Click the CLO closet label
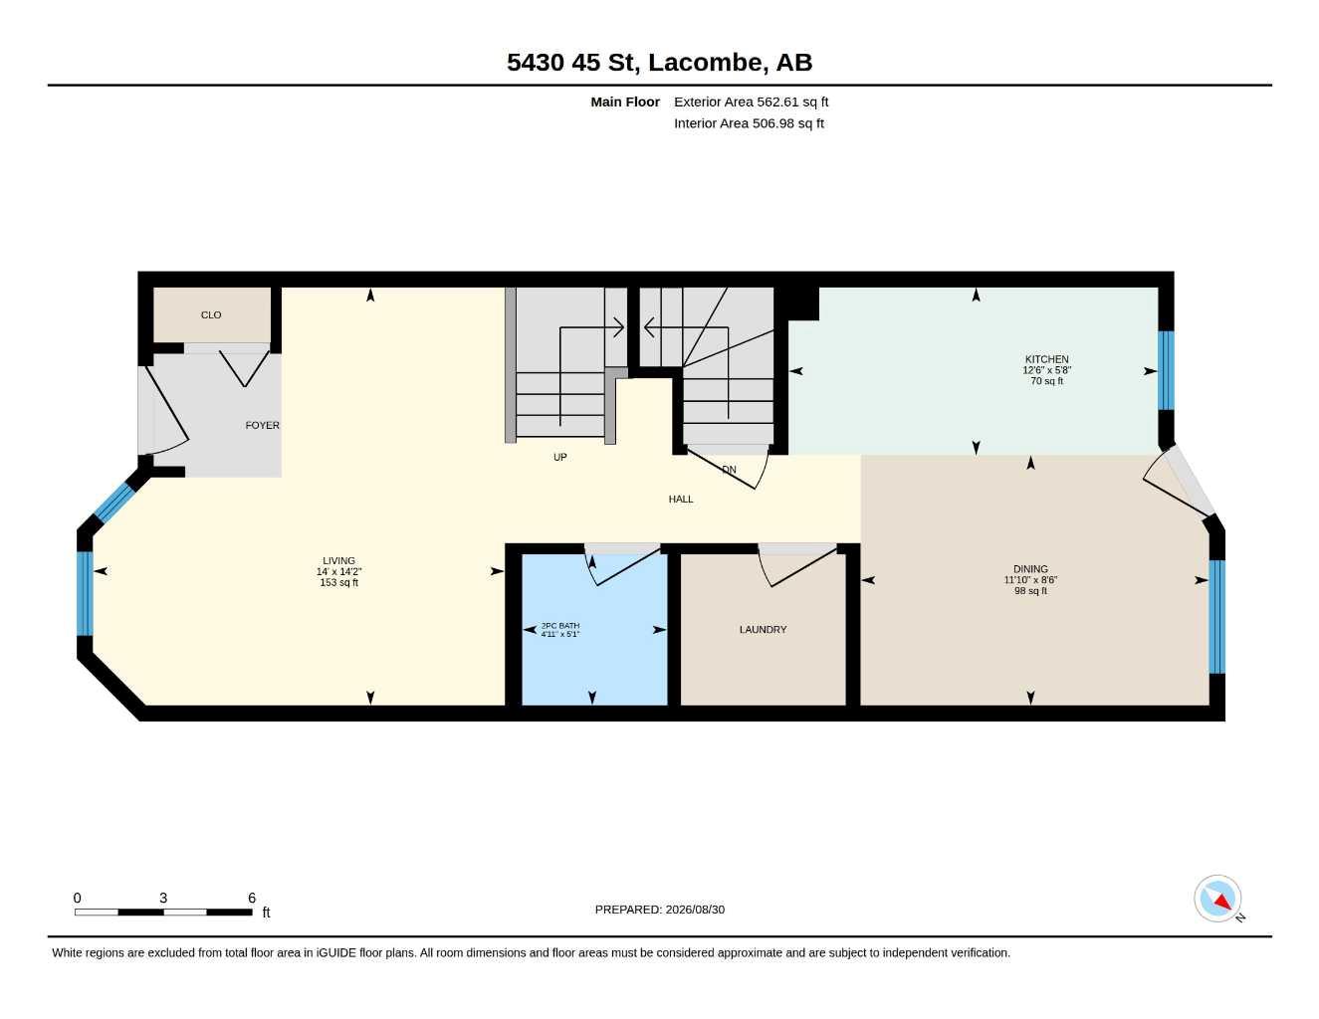211,314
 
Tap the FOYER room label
262,425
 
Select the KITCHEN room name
1046,359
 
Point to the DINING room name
1030,569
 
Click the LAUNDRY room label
763,630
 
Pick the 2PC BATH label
560,625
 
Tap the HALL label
681,500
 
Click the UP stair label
559,457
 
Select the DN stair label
729,470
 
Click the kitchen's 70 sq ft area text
1046,381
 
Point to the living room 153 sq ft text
338,582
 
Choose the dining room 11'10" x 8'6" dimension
1030,580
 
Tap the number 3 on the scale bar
163,898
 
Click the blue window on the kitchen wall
1166,370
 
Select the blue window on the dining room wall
1217,617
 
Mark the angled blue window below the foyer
114,503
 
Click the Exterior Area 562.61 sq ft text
751,102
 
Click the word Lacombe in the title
706,63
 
